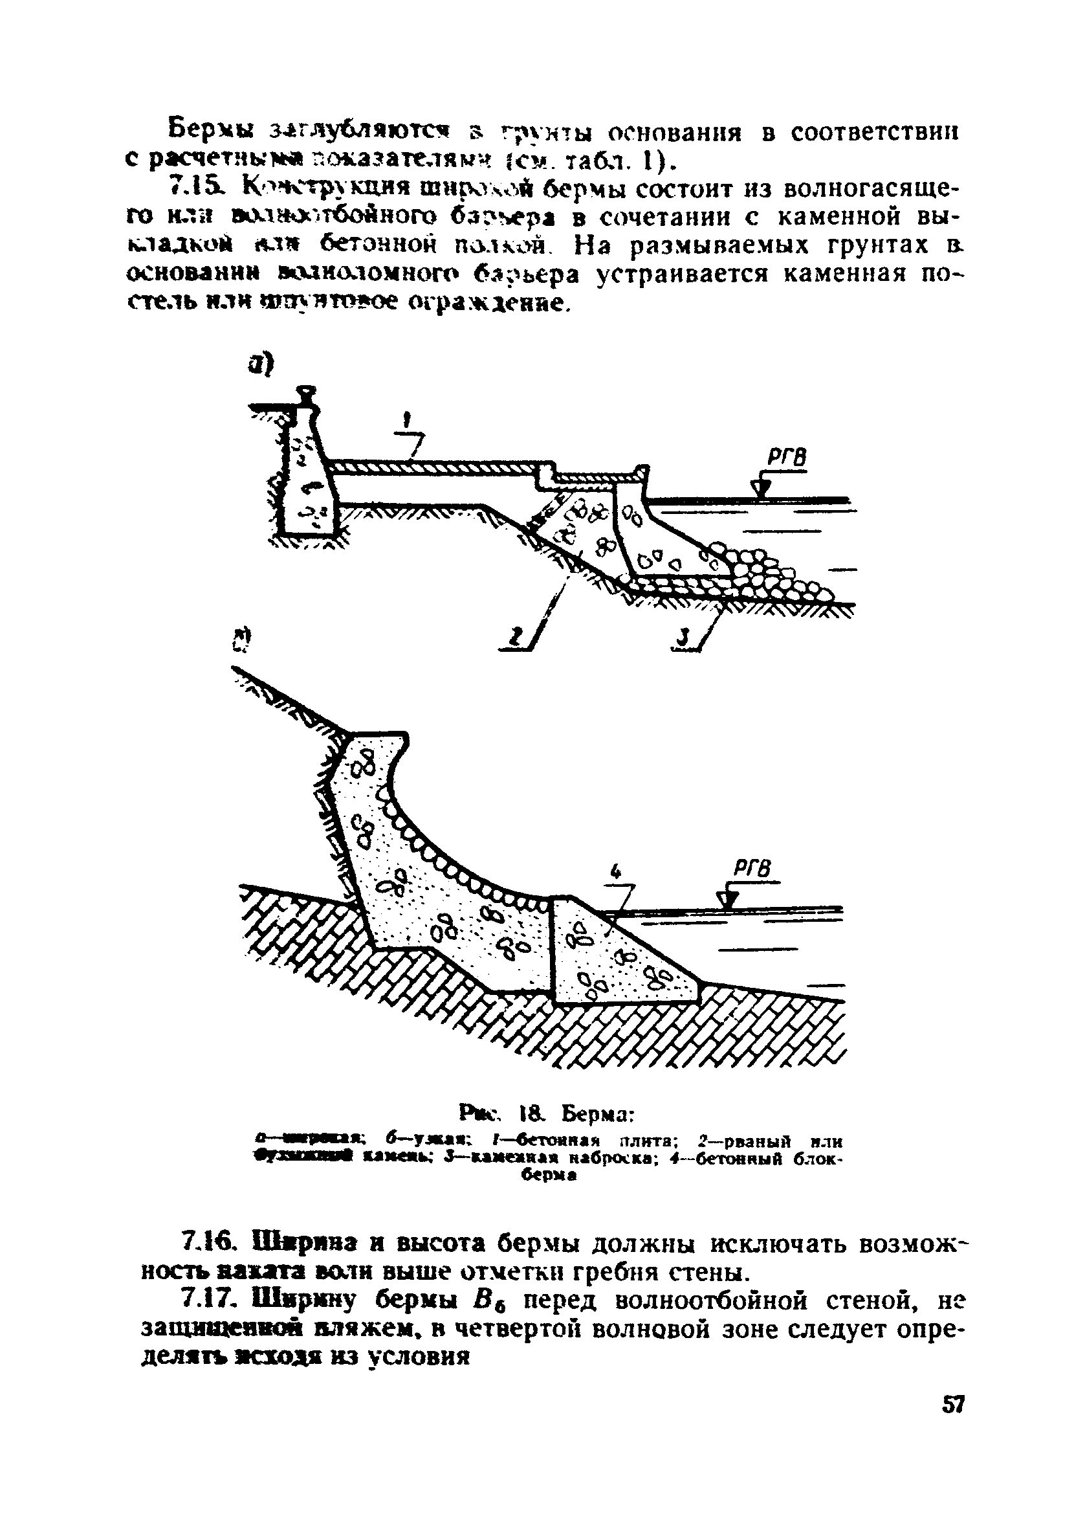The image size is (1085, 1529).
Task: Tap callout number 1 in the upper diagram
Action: tap(407, 421)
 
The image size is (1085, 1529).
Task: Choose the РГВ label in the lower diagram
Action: tap(753, 869)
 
